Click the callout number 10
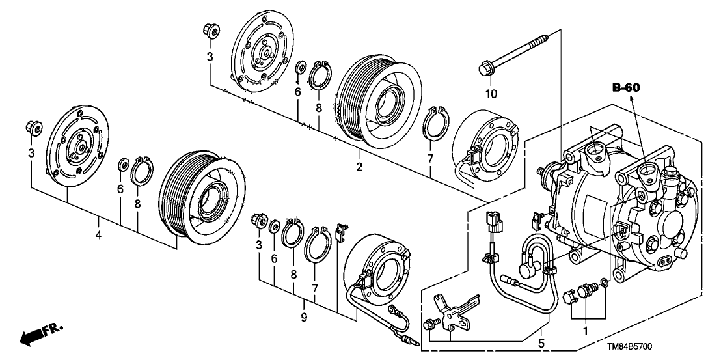491,94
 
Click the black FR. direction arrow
36,336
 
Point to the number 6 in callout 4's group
120,189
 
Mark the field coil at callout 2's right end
484,146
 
